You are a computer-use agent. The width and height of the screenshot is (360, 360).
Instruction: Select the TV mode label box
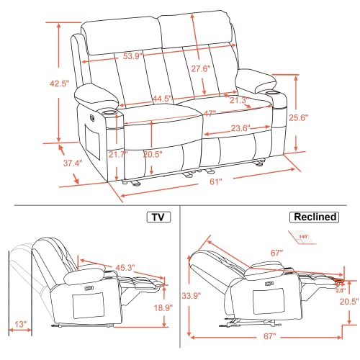(x=158, y=217)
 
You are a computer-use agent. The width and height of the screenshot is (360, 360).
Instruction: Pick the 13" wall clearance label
(x=24, y=325)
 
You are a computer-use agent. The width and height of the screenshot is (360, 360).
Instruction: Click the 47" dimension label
(x=210, y=114)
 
